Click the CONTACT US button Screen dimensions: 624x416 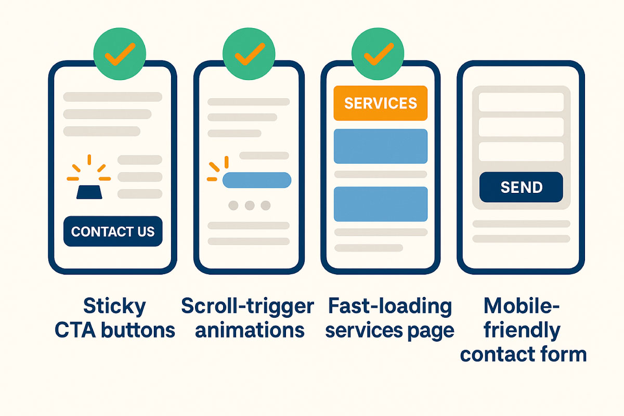point(113,231)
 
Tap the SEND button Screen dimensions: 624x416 point(521,187)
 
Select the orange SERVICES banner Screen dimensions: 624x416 point(380,103)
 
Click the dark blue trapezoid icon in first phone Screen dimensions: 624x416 point(89,191)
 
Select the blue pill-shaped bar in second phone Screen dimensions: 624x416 point(256,180)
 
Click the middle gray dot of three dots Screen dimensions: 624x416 point(250,205)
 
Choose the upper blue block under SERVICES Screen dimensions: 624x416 point(380,146)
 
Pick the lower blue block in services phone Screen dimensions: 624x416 point(380,204)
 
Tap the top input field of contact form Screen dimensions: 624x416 point(521,102)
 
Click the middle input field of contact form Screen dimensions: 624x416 point(521,127)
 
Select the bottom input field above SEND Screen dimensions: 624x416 point(521,151)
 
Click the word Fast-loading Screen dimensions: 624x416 point(390,306)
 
